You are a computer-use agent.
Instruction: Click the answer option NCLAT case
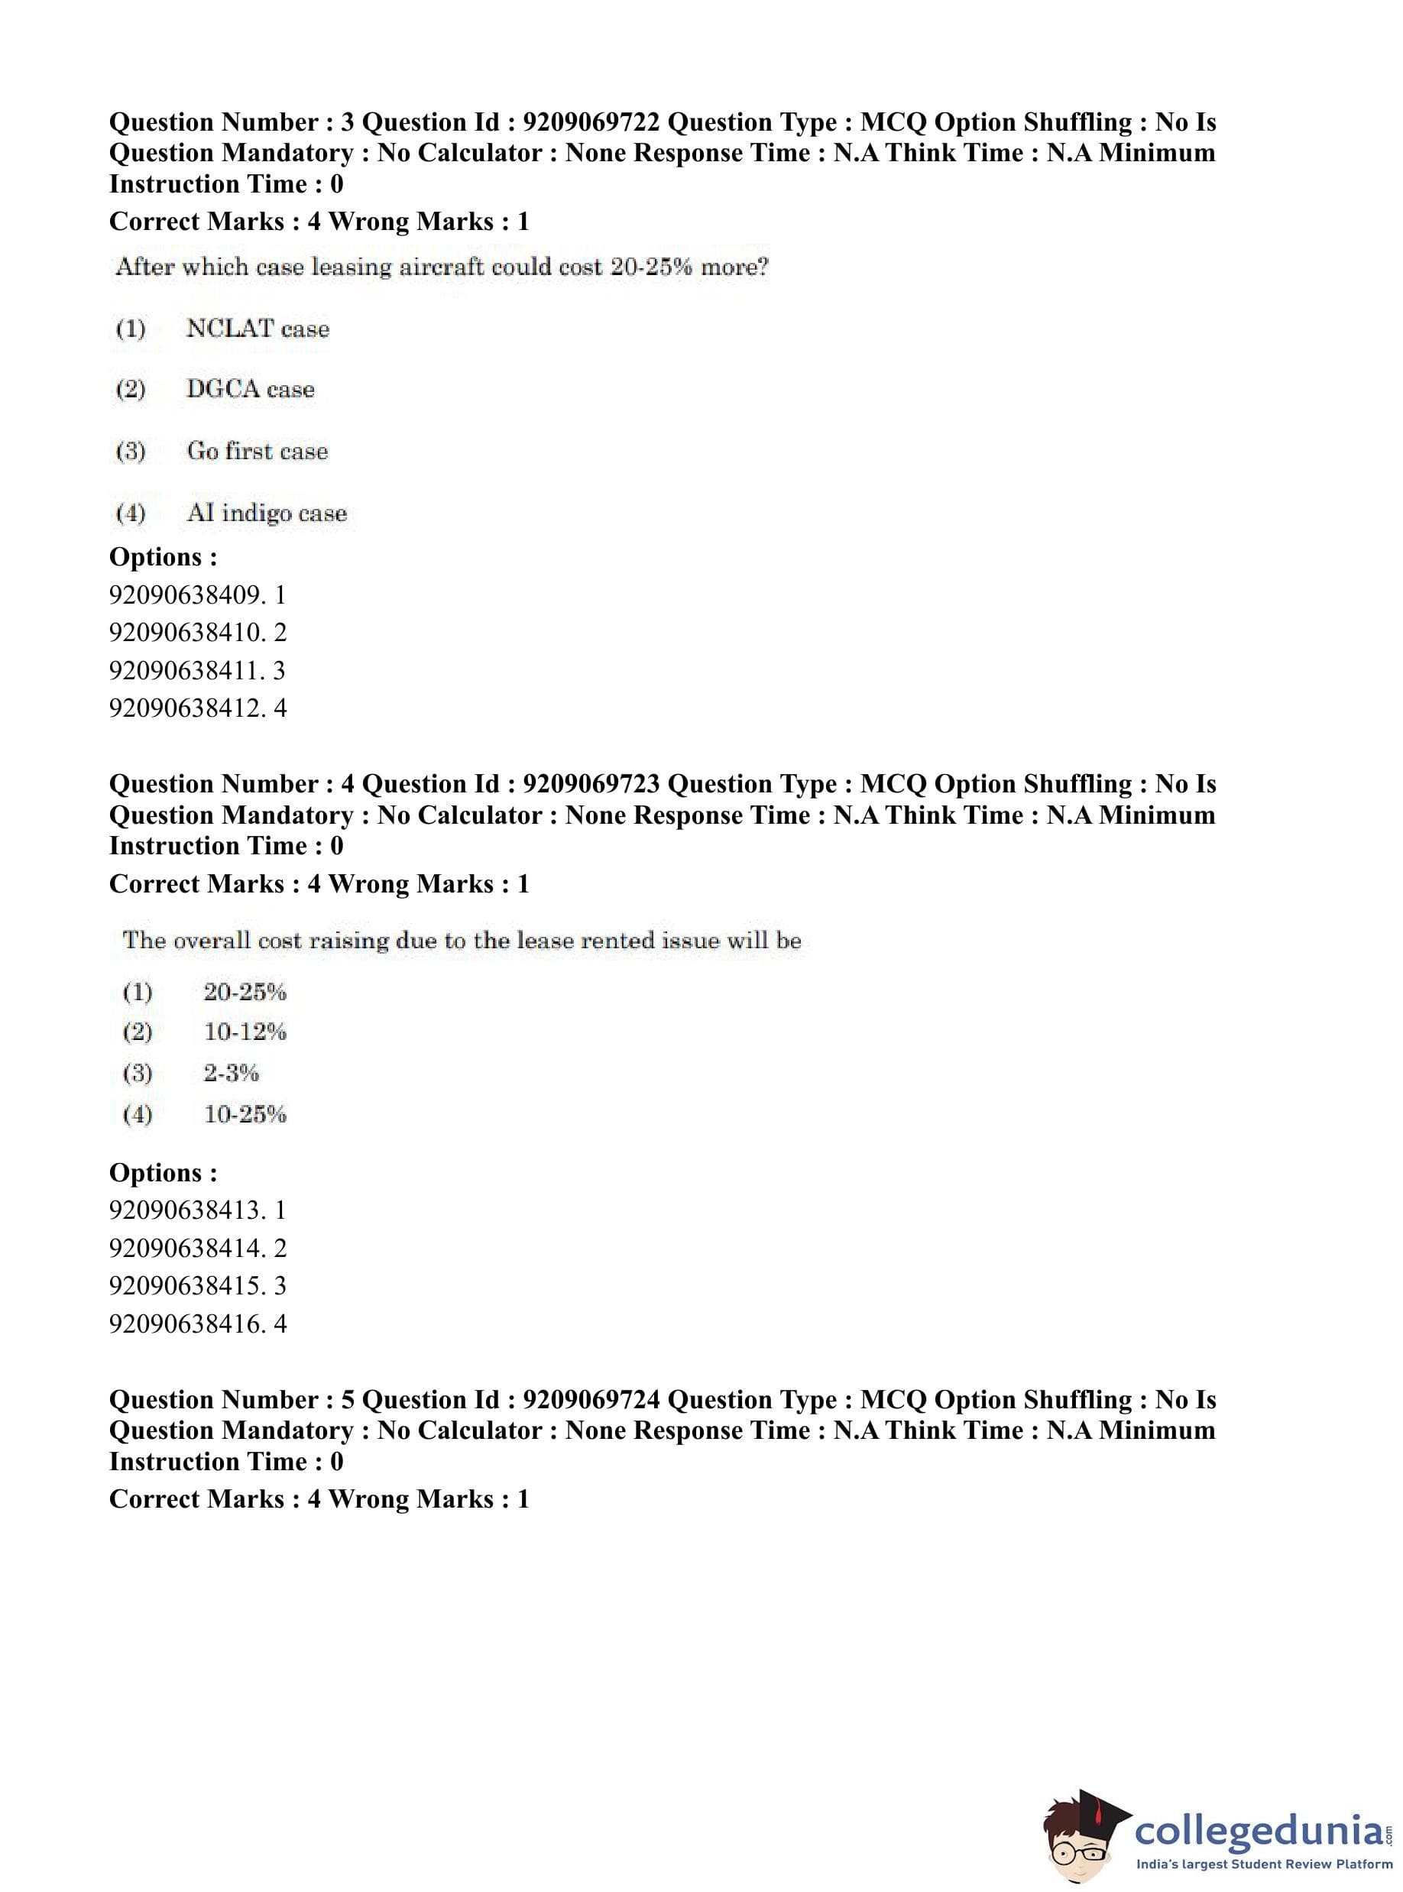pos(258,329)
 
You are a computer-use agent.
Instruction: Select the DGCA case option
pos(250,389)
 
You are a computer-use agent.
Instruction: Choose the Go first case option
pos(257,451)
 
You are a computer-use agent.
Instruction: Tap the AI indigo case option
pos(266,513)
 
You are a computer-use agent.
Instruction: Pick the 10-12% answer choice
pos(245,1032)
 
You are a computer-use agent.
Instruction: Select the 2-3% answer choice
pos(231,1073)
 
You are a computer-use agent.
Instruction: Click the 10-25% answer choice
pos(245,1113)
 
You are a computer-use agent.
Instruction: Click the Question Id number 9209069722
pos(591,122)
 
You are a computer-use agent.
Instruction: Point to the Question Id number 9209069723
pos(591,784)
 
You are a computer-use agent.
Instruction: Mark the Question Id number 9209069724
pos(591,1399)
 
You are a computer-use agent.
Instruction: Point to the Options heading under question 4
pos(163,1173)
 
